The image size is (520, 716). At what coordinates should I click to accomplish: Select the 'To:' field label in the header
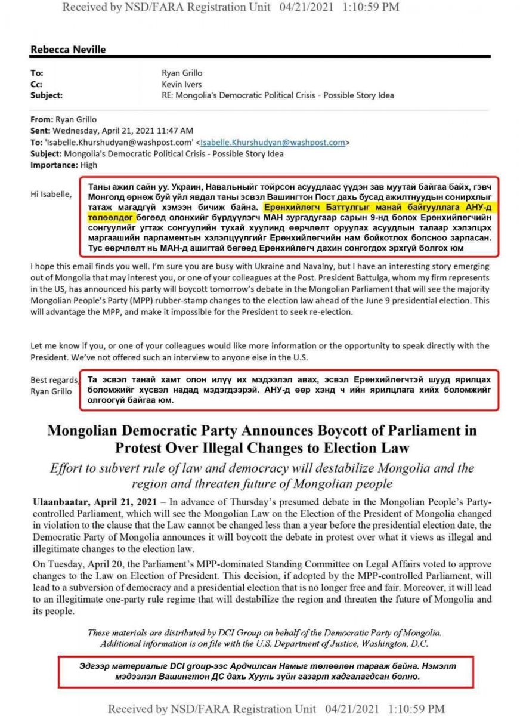click(x=36, y=73)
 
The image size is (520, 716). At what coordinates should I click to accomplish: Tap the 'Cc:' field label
click(x=36, y=84)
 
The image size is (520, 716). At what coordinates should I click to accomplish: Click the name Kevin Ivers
click(x=182, y=84)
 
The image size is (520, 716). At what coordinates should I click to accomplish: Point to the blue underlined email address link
click(x=273, y=143)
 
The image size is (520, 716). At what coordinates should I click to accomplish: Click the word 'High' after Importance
click(x=89, y=165)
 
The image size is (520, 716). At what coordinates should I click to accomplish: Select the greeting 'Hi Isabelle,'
click(x=51, y=194)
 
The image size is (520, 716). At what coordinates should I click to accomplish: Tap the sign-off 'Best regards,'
click(x=54, y=380)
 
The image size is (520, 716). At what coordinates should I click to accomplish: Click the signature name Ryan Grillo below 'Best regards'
click(x=52, y=391)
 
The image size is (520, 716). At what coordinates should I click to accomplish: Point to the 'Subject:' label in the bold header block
click(x=46, y=95)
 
